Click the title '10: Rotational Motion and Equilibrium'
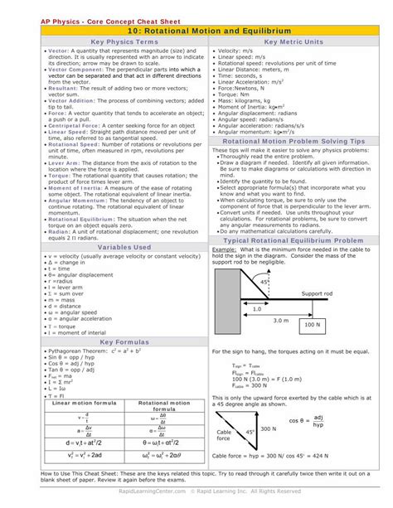coord(196,29)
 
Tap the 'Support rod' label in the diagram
coord(317,294)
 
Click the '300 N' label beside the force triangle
coord(268,429)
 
